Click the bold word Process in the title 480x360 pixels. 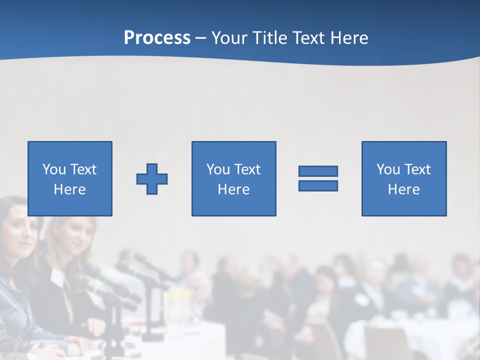[x=157, y=38]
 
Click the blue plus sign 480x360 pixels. [x=152, y=179]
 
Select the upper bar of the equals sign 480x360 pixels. [x=318, y=171]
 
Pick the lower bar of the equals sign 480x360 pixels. [x=318, y=185]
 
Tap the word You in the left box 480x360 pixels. [x=54, y=169]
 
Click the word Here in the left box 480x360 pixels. [x=69, y=189]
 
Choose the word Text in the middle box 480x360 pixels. [x=247, y=169]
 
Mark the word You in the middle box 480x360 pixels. [x=218, y=169]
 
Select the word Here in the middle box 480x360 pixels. [x=233, y=189]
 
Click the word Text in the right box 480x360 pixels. [x=417, y=169]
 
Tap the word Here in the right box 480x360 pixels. [x=403, y=189]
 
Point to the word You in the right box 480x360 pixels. [x=388, y=169]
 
